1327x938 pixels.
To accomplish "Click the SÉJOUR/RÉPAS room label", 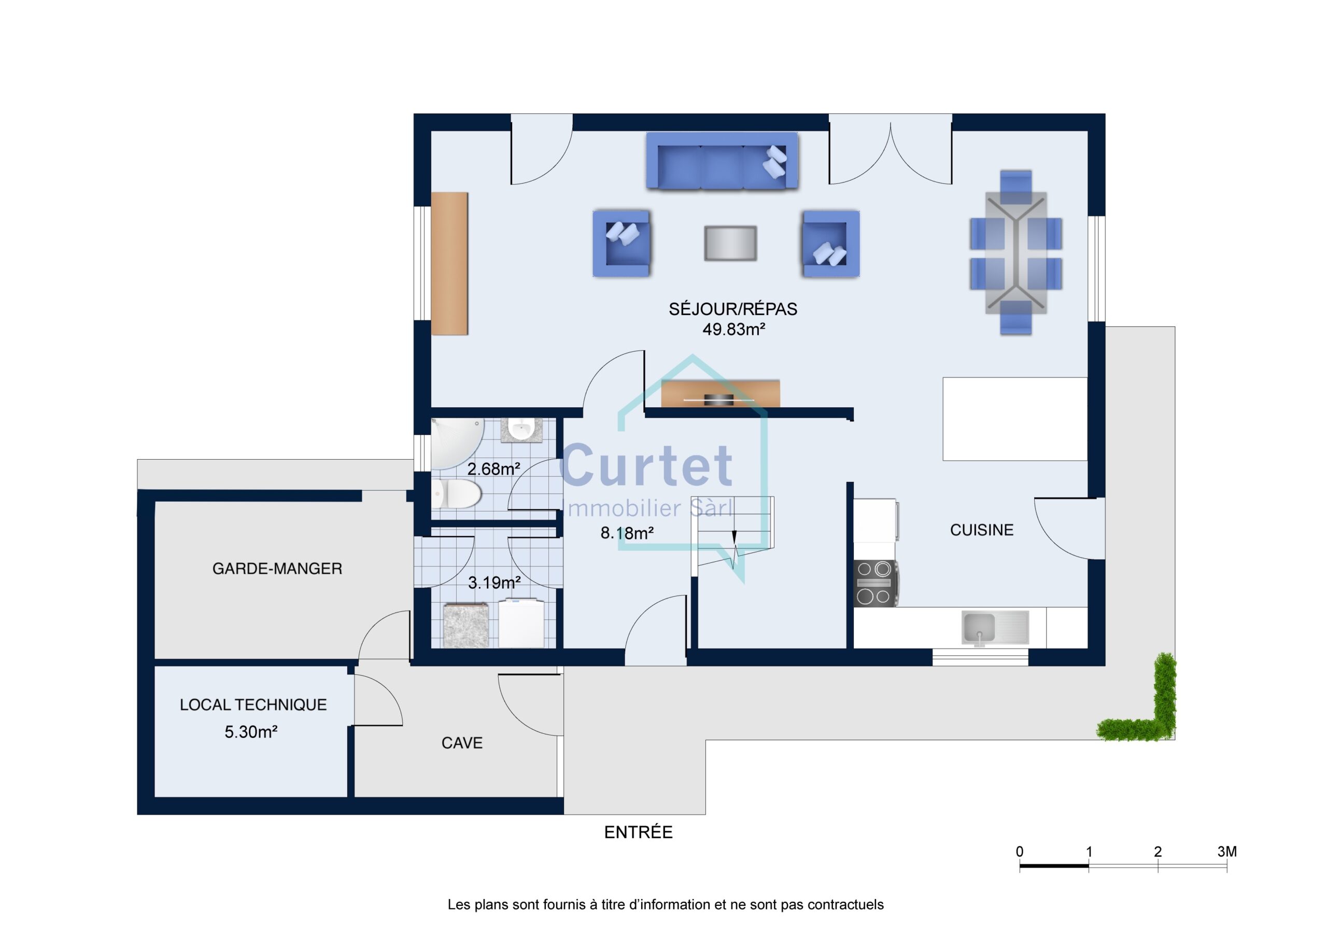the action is click(x=733, y=309).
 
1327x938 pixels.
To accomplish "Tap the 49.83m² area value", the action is click(x=733, y=330).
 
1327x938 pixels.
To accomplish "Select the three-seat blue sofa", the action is click(x=722, y=161).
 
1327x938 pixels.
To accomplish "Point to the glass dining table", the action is click(x=1016, y=252).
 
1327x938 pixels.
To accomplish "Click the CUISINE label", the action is click(x=981, y=530).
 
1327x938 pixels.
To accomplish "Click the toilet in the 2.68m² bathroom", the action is click(x=457, y=493).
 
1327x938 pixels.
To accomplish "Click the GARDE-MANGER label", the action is click(x=277, y=569).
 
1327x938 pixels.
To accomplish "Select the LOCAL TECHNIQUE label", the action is click(x=253, y=704).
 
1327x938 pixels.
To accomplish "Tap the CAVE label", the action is click(x=462, y=743).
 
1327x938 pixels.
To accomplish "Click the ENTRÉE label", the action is click(x=638, y=832).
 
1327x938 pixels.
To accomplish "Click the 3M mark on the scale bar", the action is click(x=1226, y=851).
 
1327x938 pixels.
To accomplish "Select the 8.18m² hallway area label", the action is click(x=627, y=533).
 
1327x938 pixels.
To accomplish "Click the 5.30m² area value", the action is click(x=251, y=732).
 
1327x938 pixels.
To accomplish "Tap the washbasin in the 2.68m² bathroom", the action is click(x=521, y=431).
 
